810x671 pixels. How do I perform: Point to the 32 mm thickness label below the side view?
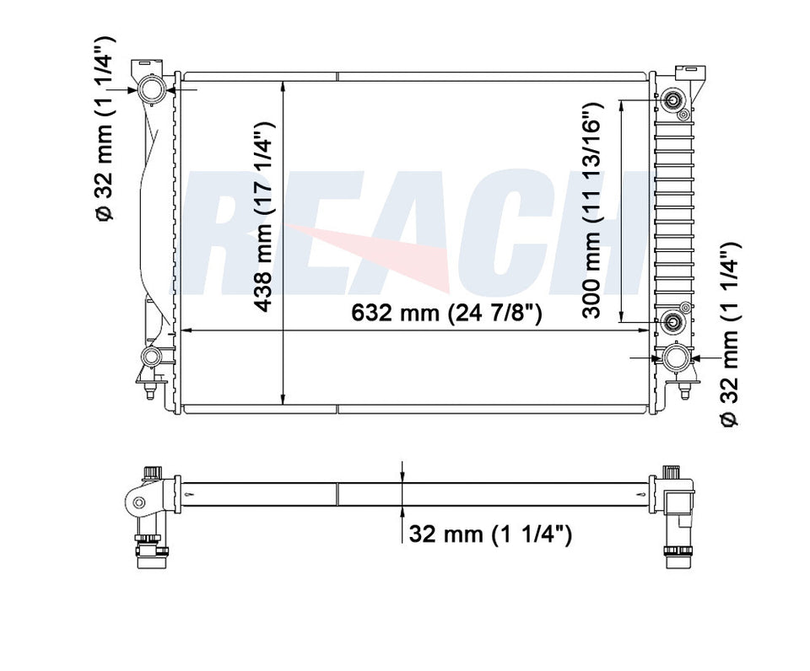(x=490, y=534)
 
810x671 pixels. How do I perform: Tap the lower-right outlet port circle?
(x=676, y=358)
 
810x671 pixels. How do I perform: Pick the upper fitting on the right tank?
(x=674, y=100)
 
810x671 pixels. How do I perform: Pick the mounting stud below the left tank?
(x=149, y=392)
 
